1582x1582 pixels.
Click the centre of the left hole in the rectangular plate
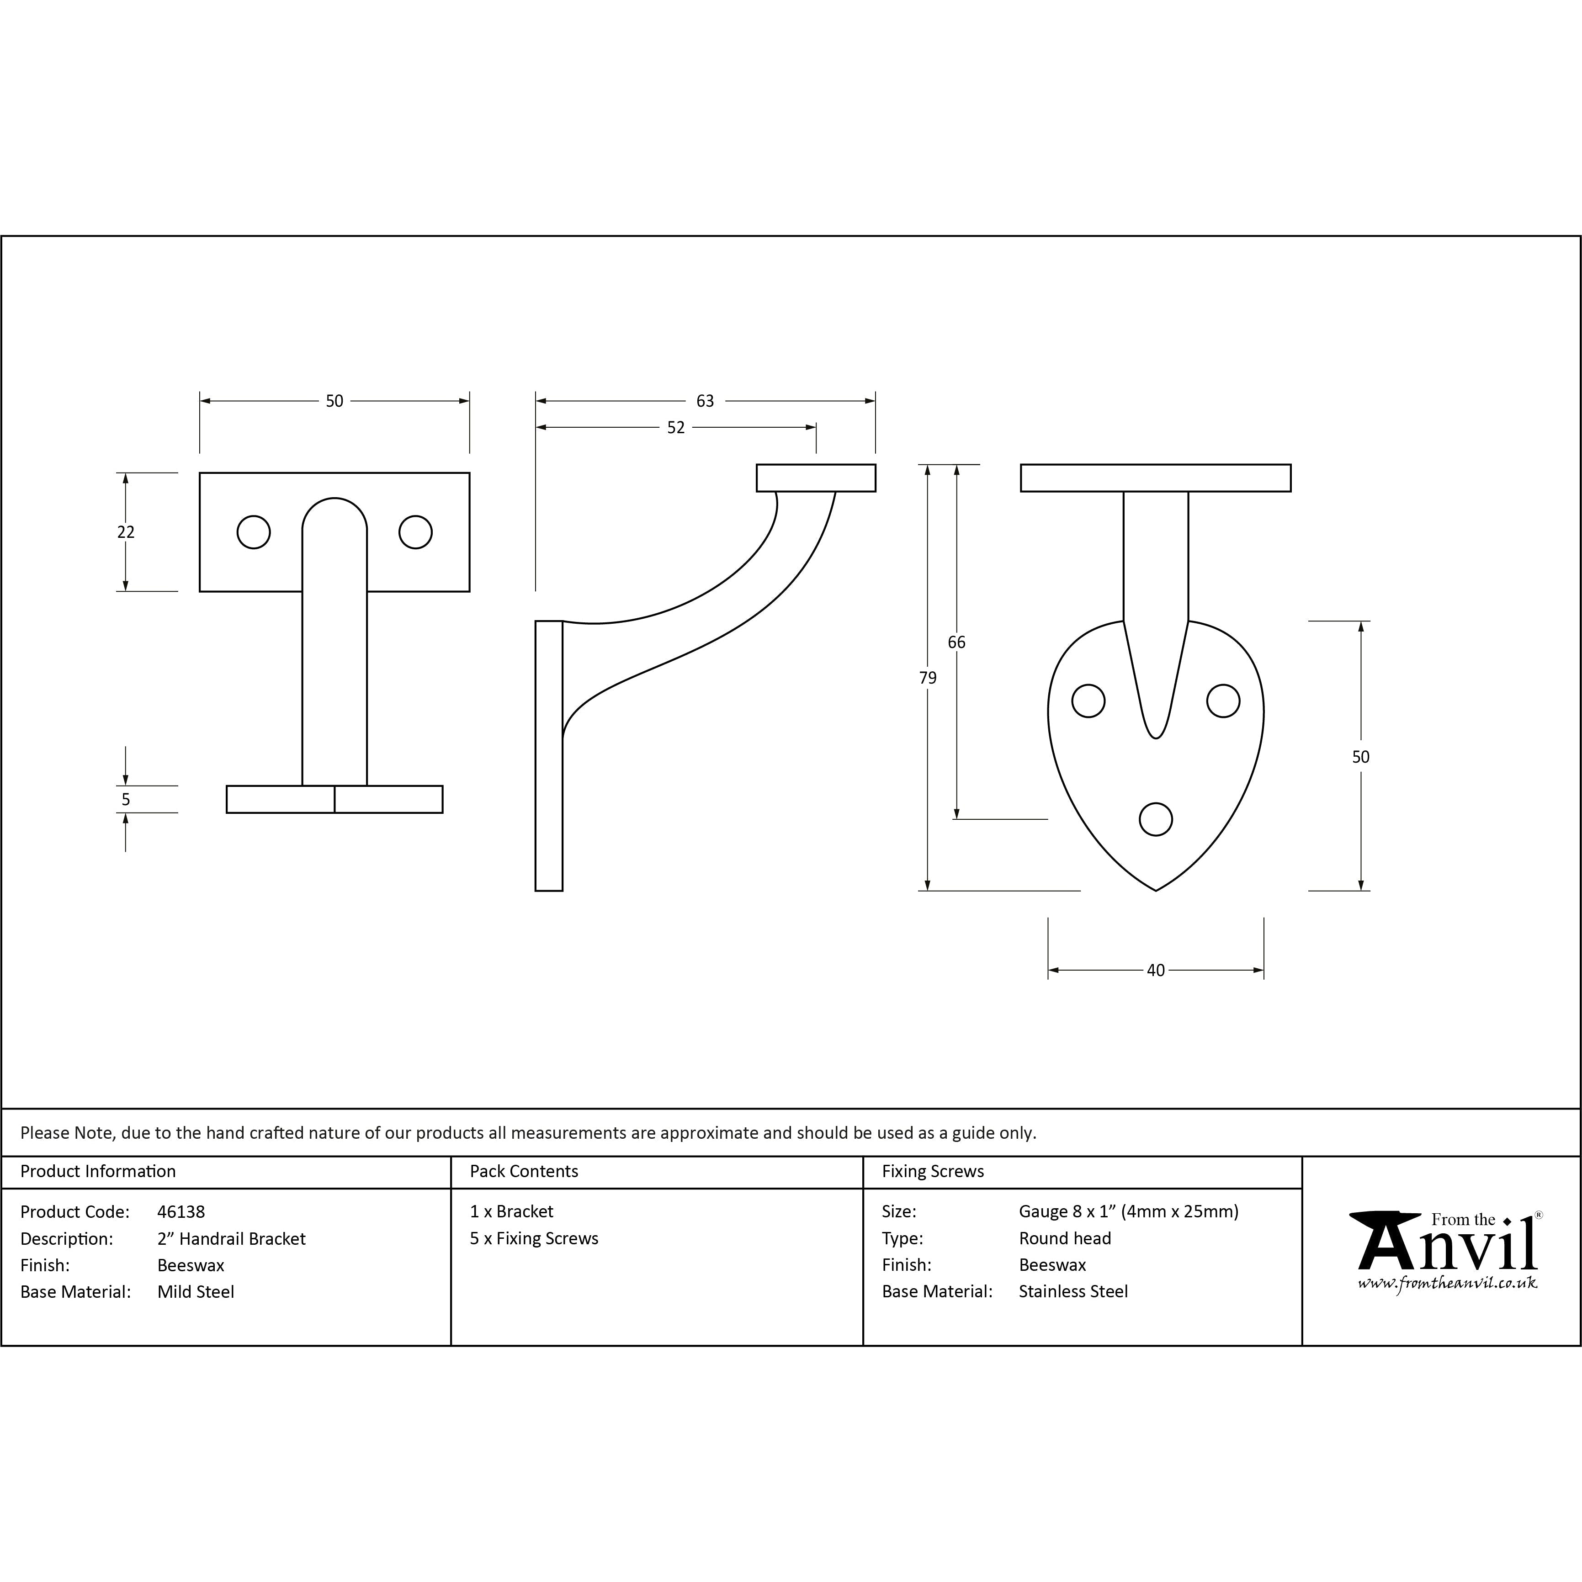click(254, 532)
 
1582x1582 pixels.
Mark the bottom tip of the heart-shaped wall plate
click(1155, 890)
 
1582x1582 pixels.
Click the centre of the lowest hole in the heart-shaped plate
click(1155, 819)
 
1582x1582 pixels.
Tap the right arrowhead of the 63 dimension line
click(871, 401)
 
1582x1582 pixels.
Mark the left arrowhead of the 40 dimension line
click(1054, 970)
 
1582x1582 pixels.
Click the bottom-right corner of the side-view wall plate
click(563, 890)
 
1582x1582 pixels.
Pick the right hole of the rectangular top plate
click(415, 532)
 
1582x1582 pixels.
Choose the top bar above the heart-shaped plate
click(1155, 478)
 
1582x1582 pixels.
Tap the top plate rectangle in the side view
click(816, 478)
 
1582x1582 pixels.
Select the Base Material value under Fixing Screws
click(1072, 1291)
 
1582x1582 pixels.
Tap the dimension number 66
click(956, 642)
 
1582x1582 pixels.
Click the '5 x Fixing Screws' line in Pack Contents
click(534, 1238)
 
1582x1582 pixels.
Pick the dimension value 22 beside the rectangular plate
click(125, 532)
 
